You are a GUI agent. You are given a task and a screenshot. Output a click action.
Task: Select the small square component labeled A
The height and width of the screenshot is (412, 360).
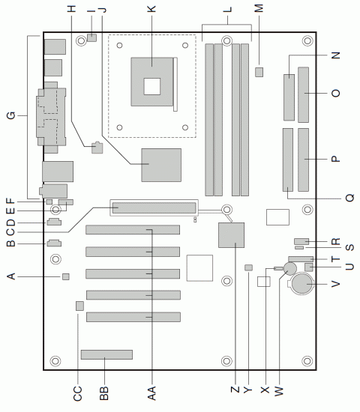click(66, 277)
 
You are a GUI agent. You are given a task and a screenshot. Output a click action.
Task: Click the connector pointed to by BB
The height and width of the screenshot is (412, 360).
click(106, 354)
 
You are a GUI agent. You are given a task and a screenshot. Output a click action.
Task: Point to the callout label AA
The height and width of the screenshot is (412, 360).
click(152, 390)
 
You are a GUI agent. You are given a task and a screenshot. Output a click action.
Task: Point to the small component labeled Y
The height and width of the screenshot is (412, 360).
click(249, 267)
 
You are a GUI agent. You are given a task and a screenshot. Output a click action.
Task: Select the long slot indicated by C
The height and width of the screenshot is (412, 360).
click(153, 207)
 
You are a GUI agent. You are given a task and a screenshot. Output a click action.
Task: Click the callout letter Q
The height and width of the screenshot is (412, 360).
click(349, 199)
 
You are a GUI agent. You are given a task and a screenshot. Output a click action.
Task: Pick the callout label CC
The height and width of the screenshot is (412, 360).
click(78, 390)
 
